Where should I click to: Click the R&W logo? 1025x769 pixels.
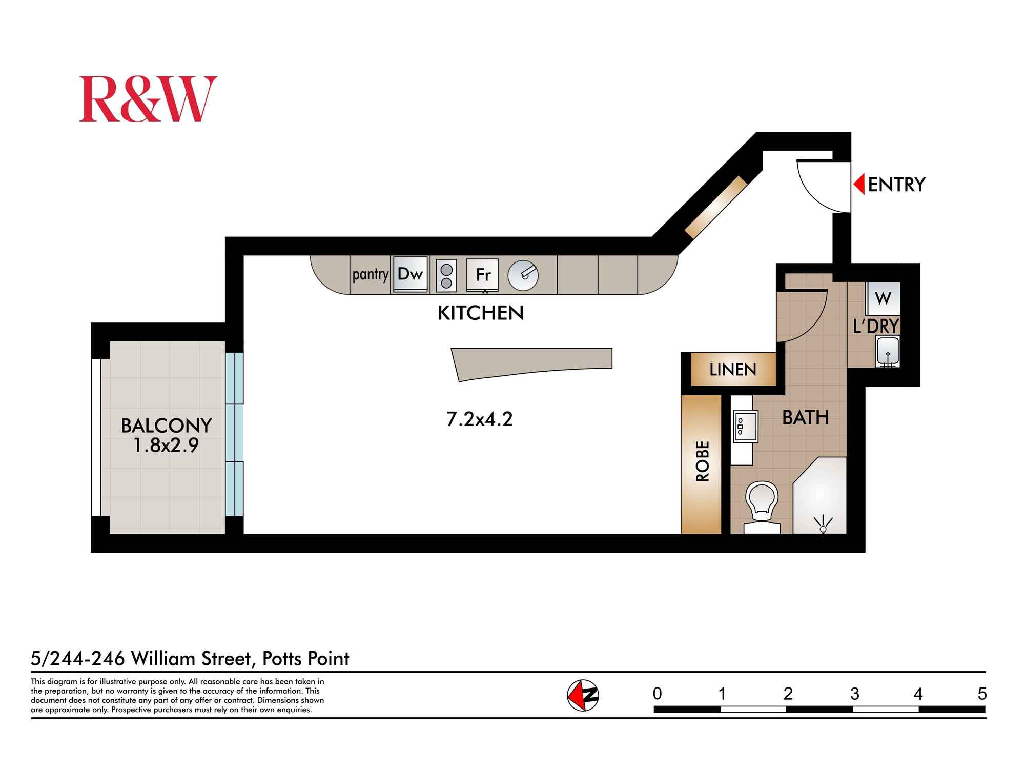click(148, 99)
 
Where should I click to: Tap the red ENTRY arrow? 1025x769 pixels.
click(859, 184)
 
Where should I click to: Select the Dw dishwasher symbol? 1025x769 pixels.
click(410, 274)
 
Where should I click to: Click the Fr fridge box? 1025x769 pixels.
click(483, 275)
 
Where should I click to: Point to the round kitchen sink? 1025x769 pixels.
click(523, 276)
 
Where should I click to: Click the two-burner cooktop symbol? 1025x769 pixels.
click(446, 276)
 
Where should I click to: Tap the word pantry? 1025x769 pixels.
click(370, 275)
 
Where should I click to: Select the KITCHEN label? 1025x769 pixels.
click(480, 313)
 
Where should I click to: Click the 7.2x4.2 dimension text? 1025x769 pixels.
click(479, 419)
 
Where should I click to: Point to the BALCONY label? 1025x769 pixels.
click(166, 426)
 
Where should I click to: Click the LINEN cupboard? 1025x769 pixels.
click(732, 369)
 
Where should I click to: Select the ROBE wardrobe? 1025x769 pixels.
click(702, 461)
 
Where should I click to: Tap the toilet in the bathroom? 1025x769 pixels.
click(762, 505)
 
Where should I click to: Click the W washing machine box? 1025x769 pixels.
click(883, 298)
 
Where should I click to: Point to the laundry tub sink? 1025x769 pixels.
click(888, 351)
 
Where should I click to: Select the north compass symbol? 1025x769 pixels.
click(583, 695)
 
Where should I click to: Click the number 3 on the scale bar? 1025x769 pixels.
click(854, 694)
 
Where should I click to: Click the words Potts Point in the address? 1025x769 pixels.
click(305, 658)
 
